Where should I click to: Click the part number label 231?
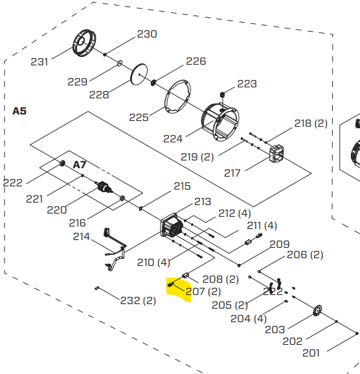pos(39,62)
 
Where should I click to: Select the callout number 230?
pos(147,34)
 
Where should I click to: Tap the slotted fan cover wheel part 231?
pos(84,43)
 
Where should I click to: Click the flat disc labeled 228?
pos(139,74)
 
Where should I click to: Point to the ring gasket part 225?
pos(177,97)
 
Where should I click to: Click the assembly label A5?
pos(19,111)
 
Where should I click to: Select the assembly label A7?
pos(79,165)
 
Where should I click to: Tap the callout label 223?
pos(247,84)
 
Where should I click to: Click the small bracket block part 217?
pos(276,153)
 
